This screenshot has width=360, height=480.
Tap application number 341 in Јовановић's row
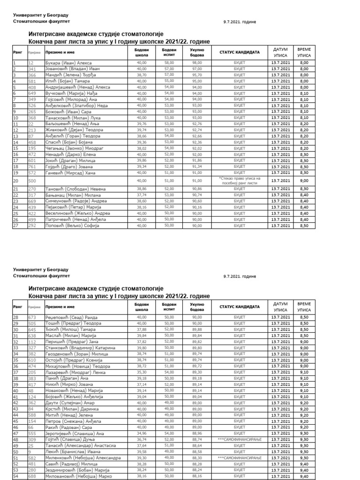click(x=32, y=68)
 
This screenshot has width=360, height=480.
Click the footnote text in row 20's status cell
click(x=239, y=180)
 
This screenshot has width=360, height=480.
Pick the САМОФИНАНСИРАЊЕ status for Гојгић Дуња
click(x=239, y=440)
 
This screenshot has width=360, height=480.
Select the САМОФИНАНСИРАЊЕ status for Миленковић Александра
click(x=239, y=457)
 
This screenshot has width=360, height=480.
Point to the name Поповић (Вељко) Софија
click(x=72, y=225)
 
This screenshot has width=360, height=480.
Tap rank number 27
click(x=15, y=225)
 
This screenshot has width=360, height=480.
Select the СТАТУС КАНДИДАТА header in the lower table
click(x=239, y=307)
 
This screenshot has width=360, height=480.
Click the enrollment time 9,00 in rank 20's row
click(x=304, y=180)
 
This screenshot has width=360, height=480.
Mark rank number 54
click(x=15, y=476)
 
